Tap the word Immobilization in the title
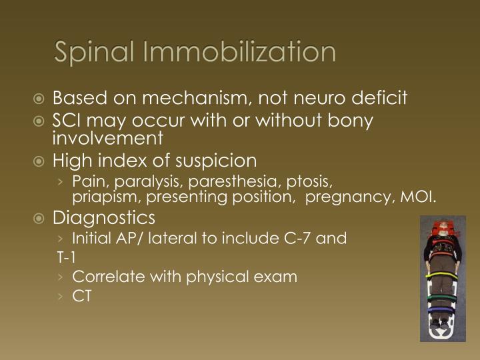coord(240,52)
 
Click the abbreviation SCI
coord(66,123)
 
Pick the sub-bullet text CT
coord(81,296)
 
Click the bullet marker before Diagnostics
coord(42,219)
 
